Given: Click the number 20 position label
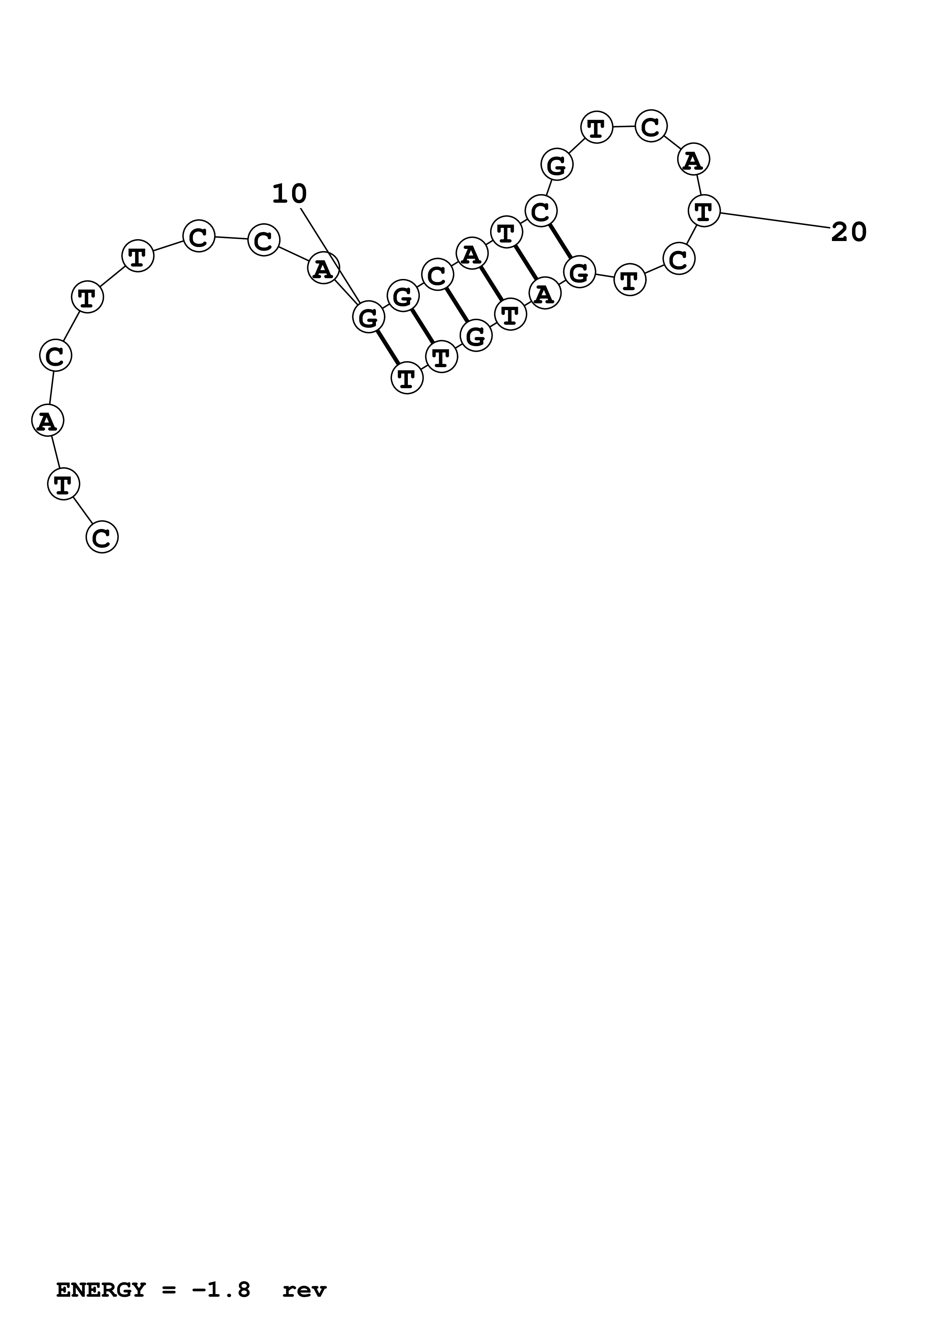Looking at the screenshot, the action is tap(848, 232).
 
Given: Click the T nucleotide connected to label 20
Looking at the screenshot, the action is tap(704, 211).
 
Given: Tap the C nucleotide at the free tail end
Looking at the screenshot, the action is tap(102, 537).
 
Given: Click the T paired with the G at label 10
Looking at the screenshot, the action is tap(407, 378).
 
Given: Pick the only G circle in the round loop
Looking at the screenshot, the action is tap(557, 165).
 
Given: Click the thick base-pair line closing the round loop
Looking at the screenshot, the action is tap(560, 241).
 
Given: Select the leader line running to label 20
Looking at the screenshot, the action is tap(774, 220).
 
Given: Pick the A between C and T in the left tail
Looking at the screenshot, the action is tap(47, 421).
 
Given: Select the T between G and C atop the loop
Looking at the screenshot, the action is tap(597, 127).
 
